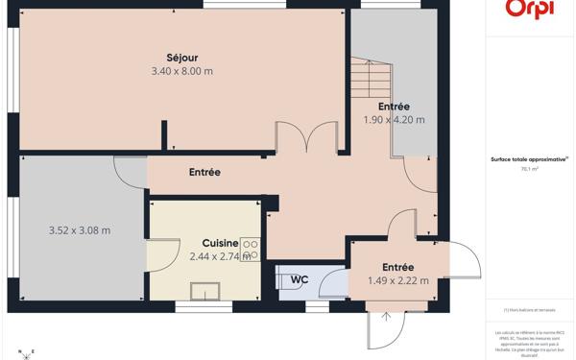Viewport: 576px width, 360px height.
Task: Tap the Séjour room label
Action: click(x=181, y=58)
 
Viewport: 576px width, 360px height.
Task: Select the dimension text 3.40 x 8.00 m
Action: click(x=181, y=71)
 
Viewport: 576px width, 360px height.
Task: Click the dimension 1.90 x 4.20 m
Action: click(x=394, y=120)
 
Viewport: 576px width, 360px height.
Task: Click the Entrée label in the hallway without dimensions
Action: click(x=204, y=173)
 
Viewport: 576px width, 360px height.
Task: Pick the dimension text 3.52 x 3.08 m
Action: click(x=80, y=230)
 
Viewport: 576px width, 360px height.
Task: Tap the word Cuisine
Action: click(x=220, y=244)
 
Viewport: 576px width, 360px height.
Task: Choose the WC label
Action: click(x=300, y=280)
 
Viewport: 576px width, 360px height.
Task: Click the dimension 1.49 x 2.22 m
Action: click(x=397, y=281)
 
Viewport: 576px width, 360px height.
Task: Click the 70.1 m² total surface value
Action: click(x=529, y=169)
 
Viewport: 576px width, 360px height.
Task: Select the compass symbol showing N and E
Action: click(x=26, y=353)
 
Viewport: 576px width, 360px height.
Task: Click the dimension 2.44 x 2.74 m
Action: click(x=220, y=256)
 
